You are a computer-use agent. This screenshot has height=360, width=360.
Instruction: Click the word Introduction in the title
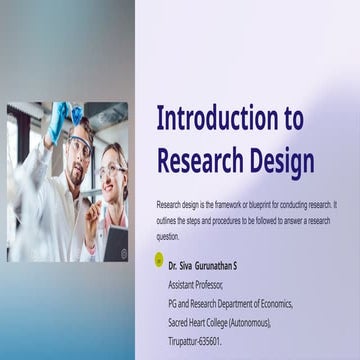[219, 120]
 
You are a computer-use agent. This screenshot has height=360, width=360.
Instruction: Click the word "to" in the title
[293, 120]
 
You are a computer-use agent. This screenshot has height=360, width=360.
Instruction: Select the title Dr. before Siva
[173, 268]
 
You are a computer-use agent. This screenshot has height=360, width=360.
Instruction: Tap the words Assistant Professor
[196, 285]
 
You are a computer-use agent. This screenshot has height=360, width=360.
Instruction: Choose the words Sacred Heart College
[204, 323]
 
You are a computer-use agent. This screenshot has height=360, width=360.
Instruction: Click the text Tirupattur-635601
[196, 342]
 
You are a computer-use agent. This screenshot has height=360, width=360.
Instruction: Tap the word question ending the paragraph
[168, 237]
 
